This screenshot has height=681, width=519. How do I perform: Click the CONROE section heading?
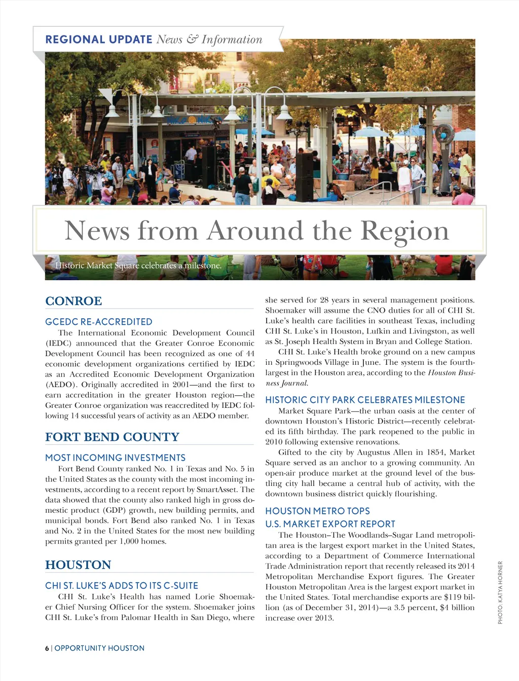click(73, 301)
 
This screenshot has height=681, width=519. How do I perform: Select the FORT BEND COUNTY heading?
click(112, 437)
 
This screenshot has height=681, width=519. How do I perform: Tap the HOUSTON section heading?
click(78, 565)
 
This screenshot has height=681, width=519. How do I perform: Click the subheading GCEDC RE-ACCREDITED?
click(99, 322)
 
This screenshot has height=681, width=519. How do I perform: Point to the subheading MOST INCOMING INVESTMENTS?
click(115, 458)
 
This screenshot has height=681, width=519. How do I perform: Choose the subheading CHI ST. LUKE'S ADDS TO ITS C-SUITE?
click(122, 586)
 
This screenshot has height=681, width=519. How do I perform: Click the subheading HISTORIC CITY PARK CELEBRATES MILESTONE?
click(365, 400)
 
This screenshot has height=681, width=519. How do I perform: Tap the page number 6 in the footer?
click(47, 648)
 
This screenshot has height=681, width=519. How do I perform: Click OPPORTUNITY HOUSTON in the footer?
click(99, 648)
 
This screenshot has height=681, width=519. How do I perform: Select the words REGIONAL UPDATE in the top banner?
click(99, 40)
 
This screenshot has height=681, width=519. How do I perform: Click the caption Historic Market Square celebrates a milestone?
click(138, 266)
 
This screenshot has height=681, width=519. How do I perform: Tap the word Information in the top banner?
click(232, 40)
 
